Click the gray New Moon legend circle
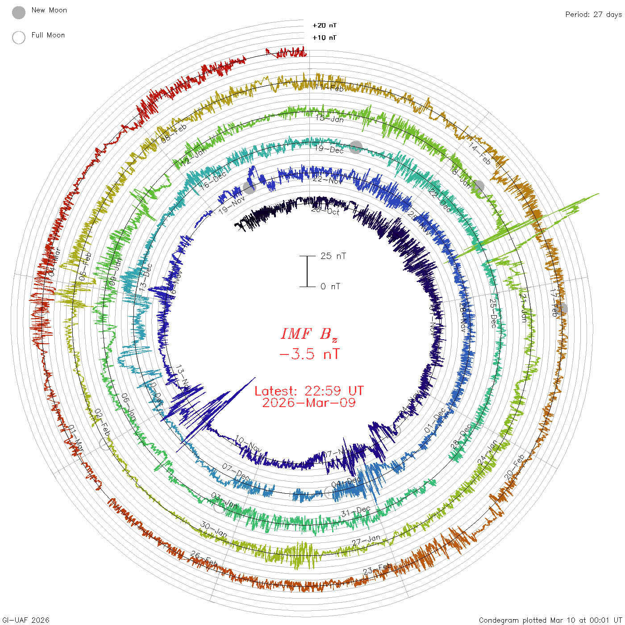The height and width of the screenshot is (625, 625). (19, 13)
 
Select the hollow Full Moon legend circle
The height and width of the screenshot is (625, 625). (19, 37)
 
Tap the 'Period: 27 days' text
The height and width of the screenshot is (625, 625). (593, 14)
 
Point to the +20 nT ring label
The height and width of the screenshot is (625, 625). (325, 25)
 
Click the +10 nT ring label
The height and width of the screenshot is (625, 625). (325, 37)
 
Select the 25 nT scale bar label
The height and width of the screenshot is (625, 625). (333, 256)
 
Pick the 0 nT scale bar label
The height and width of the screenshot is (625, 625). (330, 286)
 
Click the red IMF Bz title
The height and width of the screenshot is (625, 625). (309, 334)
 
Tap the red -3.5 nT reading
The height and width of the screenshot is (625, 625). (309, 354)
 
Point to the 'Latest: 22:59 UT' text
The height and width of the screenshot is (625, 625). (309, 391)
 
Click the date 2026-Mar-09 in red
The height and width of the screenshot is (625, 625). (309, 403)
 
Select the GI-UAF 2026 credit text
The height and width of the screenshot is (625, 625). (25, 620)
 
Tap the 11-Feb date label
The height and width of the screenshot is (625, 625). (329, 87)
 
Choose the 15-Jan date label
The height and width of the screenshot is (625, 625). (329, 118)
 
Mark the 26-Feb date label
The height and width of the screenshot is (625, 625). (204, 558)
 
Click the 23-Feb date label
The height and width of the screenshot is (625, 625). (378, 569)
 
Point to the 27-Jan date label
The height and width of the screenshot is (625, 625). (366, 540)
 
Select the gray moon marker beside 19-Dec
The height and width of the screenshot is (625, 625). (355, 147)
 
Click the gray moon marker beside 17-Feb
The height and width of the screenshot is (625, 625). (562, 308)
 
